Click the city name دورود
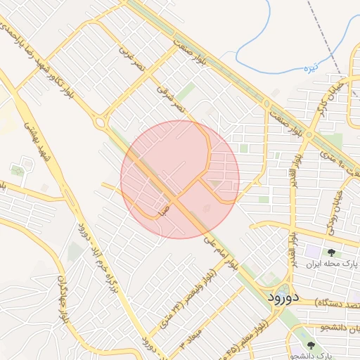[283, 297]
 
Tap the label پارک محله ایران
[334, 264]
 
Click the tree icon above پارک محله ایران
[329, 252]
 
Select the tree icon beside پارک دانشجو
[311, 346]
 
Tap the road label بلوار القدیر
[290, 239]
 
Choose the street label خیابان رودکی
[333, 211]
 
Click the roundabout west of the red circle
[100, 123]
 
